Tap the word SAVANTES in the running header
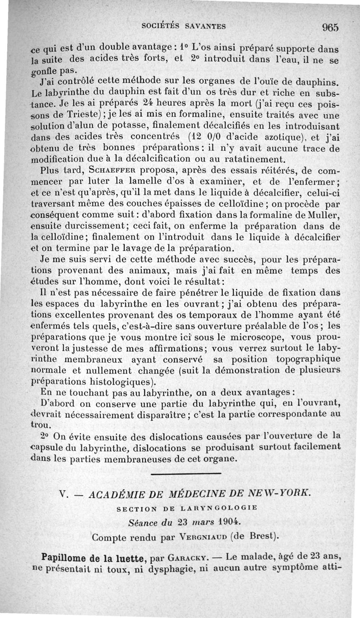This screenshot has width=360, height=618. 203,26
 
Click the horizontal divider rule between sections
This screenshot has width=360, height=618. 186,473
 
